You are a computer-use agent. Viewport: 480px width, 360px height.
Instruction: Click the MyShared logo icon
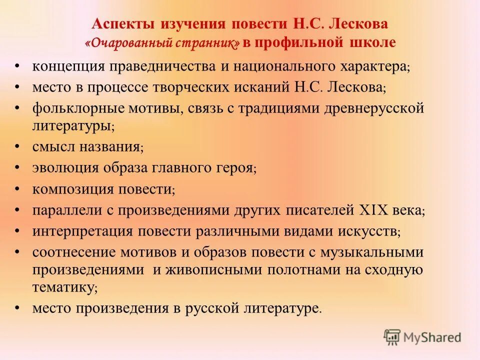tap(393, 337)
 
